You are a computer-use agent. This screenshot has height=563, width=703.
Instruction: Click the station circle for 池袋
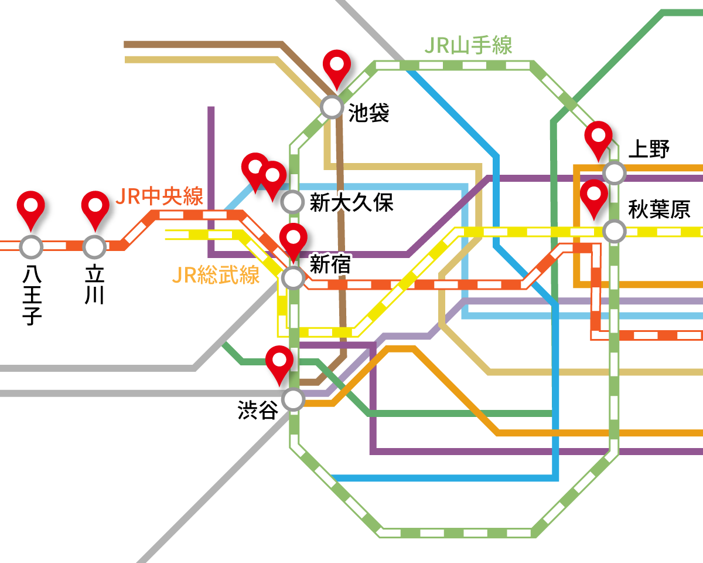[x=332, y=107]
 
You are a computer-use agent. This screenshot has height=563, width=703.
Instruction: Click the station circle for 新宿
[x=293, y=277]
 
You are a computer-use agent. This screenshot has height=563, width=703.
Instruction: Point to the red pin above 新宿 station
[x=293, y=238]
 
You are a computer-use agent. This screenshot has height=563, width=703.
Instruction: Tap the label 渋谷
[x=258, y=410]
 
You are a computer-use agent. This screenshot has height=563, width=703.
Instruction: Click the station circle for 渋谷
[x=293, y=400]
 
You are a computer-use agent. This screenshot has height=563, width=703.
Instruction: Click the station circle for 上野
[x=614, y=173]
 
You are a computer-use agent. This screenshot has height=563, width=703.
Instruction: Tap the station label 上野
[x=649, y=150]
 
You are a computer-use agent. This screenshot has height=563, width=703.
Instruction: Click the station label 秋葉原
[x=659, y=209]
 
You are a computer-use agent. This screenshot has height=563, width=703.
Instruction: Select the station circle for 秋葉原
[x=614, y=231]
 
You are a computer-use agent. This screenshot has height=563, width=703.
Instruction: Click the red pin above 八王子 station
[x=30, y=205]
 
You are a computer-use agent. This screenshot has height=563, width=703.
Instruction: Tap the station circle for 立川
[x=94, y=247]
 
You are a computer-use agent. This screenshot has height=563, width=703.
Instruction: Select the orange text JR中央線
[x=159, y=196]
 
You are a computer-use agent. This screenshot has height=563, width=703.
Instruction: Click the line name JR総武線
[x=216, y=275]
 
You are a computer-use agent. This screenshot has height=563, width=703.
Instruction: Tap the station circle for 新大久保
[x=292, y=202]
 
